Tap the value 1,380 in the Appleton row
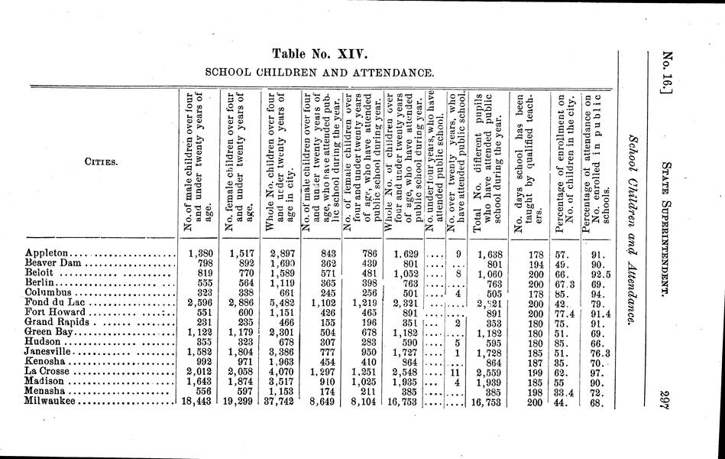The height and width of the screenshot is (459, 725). tap(198, 253)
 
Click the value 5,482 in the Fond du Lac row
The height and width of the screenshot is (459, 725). tap(282, 302)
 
